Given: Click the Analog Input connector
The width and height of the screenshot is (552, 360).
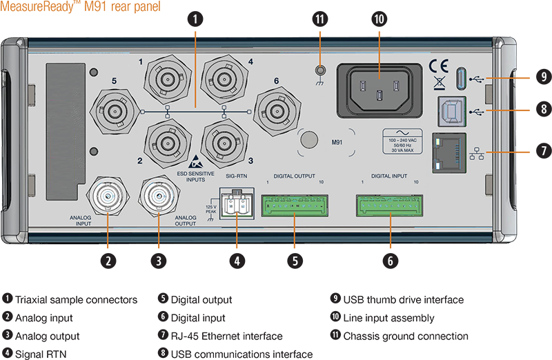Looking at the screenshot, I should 108,196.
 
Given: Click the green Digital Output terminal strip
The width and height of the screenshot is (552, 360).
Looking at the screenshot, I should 295,205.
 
